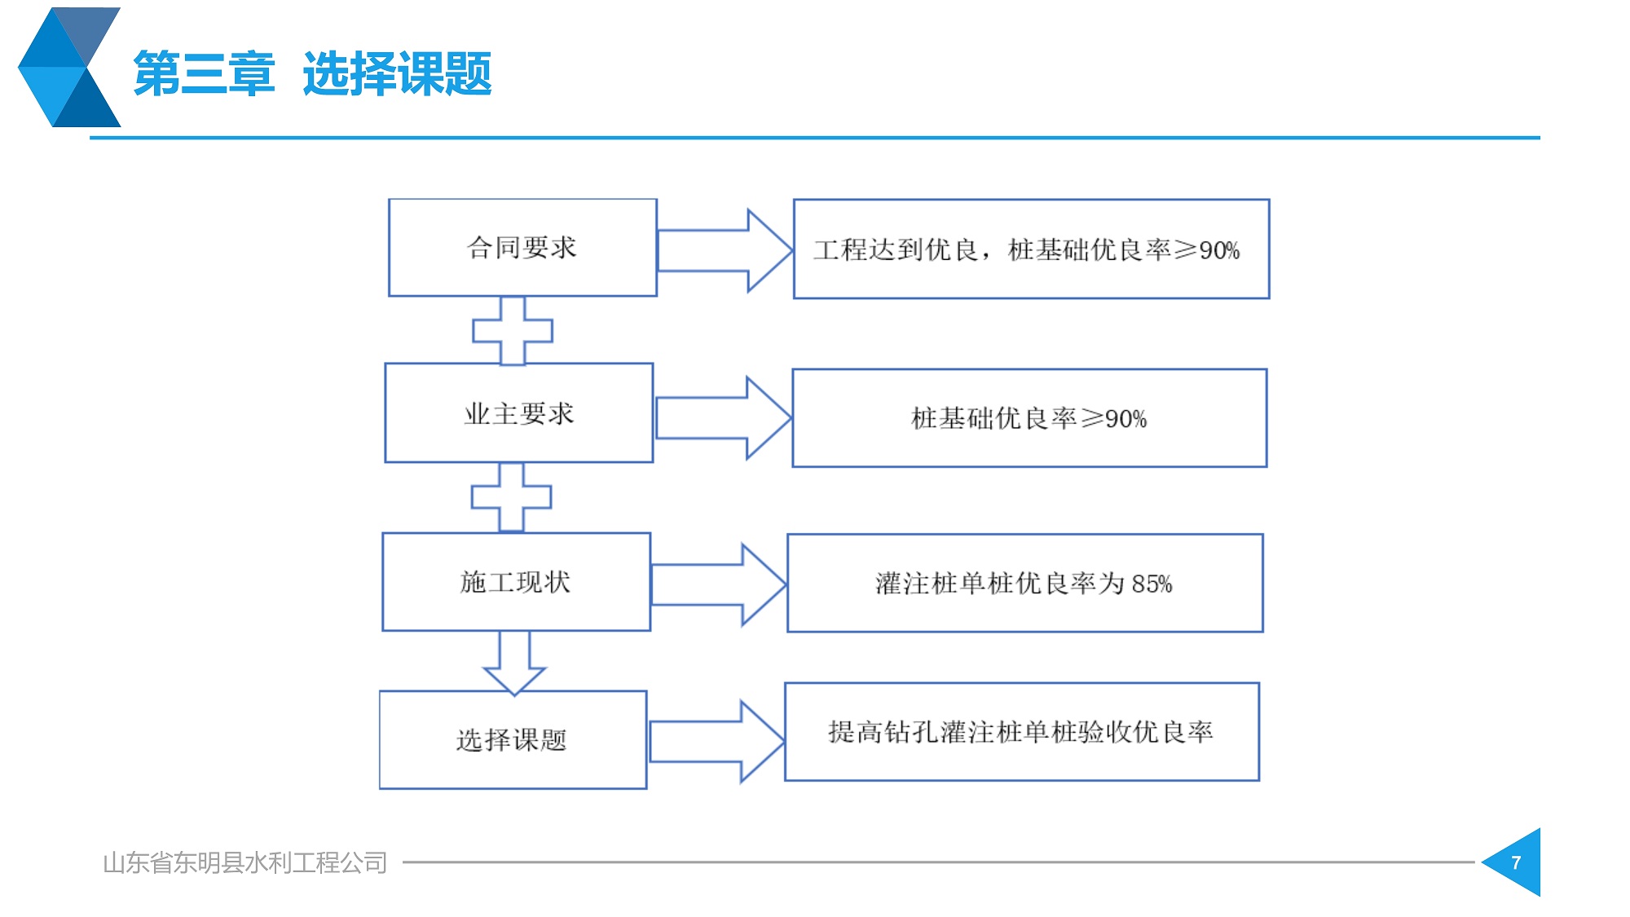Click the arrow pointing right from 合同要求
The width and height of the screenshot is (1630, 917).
(725, 250)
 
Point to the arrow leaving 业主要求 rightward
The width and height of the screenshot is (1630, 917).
(723, 418)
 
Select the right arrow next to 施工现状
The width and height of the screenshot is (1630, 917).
(719, 584)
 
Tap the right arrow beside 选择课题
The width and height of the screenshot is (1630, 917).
(716, 742)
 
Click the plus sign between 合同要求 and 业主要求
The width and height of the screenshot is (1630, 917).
(513, 330)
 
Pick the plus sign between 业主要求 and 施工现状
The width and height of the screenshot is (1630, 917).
(511, 497)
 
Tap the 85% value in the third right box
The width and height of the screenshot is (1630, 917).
(1152, 584)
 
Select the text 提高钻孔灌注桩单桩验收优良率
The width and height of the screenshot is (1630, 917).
(1020, 732)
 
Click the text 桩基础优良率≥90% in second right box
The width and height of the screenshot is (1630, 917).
(1029, 418)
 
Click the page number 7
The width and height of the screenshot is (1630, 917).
(1516, 862)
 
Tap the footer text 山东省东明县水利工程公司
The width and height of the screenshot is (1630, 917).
(244, 862)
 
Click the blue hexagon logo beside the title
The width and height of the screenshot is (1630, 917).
(69, 67)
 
